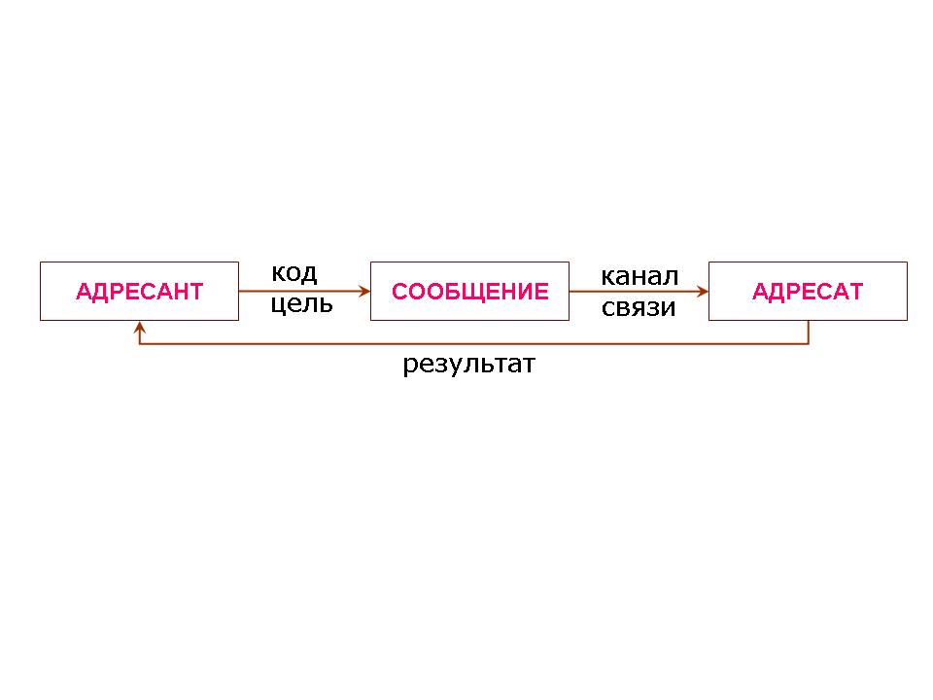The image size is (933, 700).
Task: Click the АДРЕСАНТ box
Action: [139, 291]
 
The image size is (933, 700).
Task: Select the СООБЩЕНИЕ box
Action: [469, 291]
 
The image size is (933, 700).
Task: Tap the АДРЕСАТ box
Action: [808, 291]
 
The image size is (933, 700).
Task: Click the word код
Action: [294, 272]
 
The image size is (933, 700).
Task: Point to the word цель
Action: [301, 303]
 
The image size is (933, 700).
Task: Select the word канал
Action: [639, 276]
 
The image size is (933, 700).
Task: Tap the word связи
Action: [638, 307]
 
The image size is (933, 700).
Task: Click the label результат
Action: [468, 366]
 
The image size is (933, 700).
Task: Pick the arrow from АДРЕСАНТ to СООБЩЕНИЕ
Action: [301, 291]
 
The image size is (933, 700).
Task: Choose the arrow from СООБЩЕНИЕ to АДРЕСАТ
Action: [637, 291]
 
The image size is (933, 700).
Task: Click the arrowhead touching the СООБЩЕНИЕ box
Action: [364, 291]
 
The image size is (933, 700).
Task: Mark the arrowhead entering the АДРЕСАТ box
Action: [703, 291]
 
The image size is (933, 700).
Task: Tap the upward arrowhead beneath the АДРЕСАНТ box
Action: [139, 327]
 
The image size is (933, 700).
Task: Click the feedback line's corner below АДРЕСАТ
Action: [809, 343]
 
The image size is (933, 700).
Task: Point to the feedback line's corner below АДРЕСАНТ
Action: [139, 343]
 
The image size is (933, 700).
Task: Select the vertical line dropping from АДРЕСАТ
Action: [809, 332]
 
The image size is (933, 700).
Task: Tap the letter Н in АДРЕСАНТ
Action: [177, 292]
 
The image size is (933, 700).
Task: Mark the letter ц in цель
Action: [278, 304]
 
